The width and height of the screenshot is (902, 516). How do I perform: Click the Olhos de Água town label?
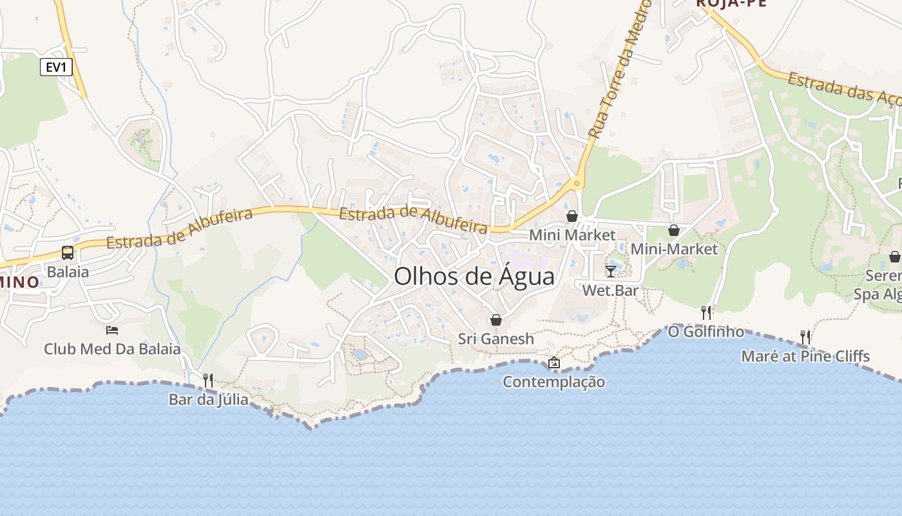point(474,277)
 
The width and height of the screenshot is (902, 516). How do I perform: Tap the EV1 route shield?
point(56,67)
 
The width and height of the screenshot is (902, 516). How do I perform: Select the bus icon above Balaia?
point(68,252)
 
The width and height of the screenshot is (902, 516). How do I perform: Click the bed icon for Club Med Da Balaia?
point(112,330)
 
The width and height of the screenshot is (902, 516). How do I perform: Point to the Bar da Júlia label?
point(208,399)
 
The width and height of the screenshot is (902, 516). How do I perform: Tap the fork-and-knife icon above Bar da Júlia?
point(208,381)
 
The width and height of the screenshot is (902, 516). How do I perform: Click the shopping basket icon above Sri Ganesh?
point(496,320)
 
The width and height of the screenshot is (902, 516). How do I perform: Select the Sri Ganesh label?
point(496,339)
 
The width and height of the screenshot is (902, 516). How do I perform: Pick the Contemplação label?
point(553,382)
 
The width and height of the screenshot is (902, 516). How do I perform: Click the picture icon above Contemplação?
point(553,363)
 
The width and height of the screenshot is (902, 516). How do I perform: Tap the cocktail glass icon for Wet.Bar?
point(611,272)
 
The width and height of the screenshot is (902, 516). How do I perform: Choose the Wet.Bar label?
point(610,290)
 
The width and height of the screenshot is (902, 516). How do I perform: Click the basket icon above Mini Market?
point(572,216)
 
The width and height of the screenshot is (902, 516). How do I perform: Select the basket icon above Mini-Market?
point(674,230)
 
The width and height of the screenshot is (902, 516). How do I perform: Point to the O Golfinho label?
point(706,332)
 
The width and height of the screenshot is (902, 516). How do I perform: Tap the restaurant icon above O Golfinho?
point(706,313)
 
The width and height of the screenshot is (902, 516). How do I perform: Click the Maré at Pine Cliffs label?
point(805,356)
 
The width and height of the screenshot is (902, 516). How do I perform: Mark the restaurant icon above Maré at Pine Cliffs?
point(805,337)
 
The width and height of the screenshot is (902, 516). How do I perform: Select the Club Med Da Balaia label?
point(112,350)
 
